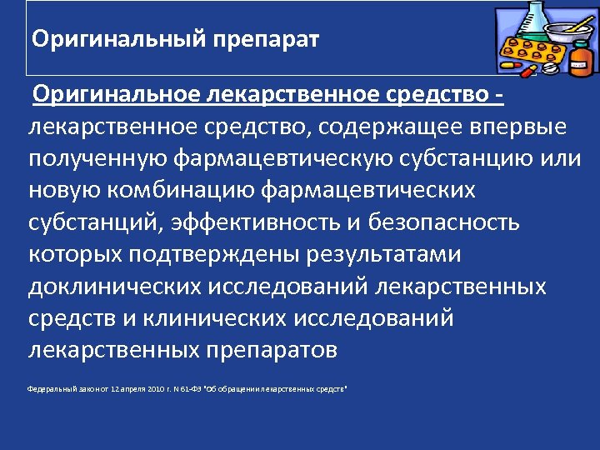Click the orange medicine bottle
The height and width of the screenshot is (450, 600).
(x=581, y=60)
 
